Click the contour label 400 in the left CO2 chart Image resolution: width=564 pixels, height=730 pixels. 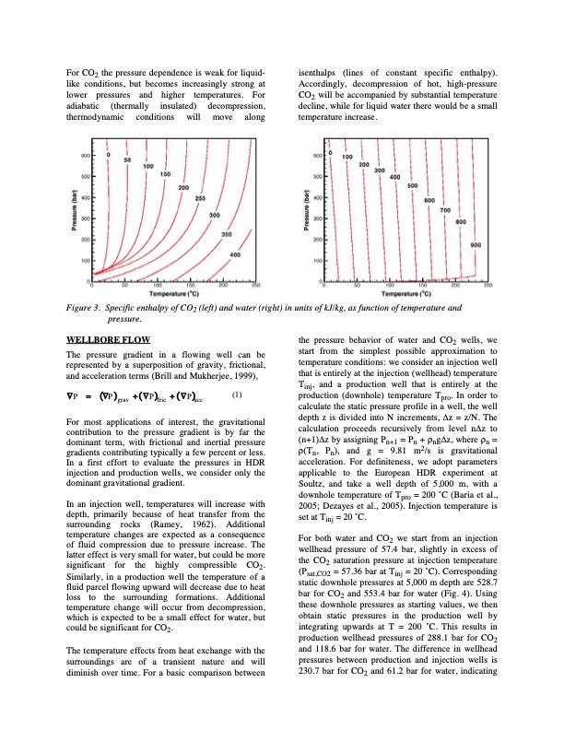(x=235, y=253)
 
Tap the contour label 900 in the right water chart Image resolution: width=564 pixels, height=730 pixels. (x=476, y=245)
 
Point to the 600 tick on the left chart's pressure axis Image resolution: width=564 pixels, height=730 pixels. (x=83, y=155)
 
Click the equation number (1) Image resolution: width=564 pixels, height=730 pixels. (x=236, y=395)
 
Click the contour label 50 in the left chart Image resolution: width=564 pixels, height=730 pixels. (x=127, y=159)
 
